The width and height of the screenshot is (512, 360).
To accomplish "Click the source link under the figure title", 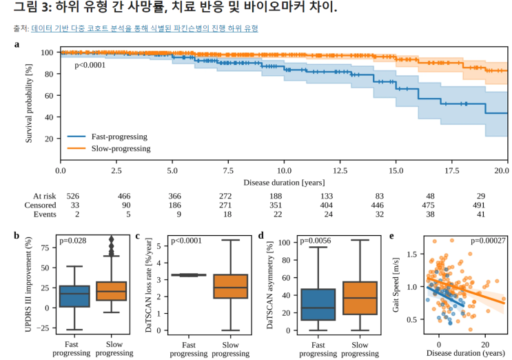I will (145, 28).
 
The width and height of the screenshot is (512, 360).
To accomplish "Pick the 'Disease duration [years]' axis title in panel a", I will (284, 182).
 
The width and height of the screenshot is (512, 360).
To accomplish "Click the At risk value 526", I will (72, 197).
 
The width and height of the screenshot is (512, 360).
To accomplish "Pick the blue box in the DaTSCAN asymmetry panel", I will (319, 304).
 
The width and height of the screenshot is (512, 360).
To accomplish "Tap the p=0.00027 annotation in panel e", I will (487, 241).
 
